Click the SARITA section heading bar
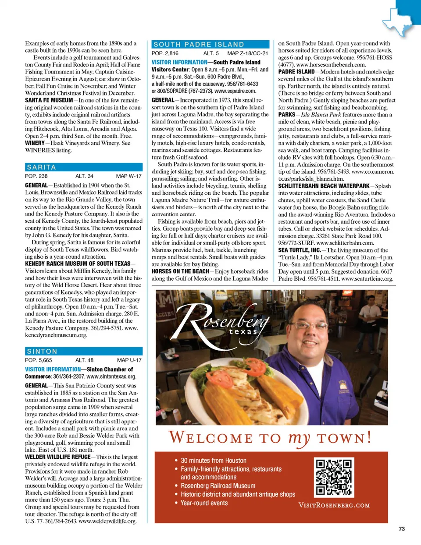83,167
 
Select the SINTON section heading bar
83,351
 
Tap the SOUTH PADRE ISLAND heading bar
210,44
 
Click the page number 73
401,529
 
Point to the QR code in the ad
334,477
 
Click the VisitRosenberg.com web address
334,505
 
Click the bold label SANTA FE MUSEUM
49,100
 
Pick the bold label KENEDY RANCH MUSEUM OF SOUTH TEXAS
78,264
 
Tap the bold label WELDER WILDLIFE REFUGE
57,457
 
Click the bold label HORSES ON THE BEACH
180,271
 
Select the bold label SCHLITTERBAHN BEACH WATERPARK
324,186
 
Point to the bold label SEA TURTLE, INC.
300,250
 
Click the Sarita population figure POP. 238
36,176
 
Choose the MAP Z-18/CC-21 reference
247,53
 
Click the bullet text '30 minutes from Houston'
213,461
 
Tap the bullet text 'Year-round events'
204,503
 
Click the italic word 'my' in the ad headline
299,438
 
